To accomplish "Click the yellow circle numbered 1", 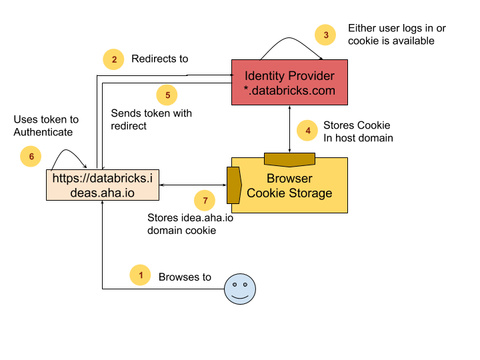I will click(x=140, y=275).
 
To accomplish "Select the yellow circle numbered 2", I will click(x=113, y=59).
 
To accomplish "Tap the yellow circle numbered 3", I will click(x=325, y=35).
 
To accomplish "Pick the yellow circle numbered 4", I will click(x=307, y=131).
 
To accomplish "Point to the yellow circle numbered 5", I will click(x=167, y=95).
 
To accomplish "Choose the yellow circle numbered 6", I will click(x=31, y=157).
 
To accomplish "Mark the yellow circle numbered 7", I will click(x=205, y=200).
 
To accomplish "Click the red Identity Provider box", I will click(x=289, y=83).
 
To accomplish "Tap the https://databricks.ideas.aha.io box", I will click(x=103, y=185).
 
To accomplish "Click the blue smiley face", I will click(x=240, y=289).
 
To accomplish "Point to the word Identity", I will click(x=266, y=76).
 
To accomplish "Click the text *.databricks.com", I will click(x=289, y=91).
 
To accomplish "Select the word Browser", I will click(x=289, y=179).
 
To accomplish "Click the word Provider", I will click(x=312, y=76).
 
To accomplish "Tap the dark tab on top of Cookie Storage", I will click(x=289, y=159).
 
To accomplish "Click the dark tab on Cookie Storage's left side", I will click(x=233, y=185).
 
